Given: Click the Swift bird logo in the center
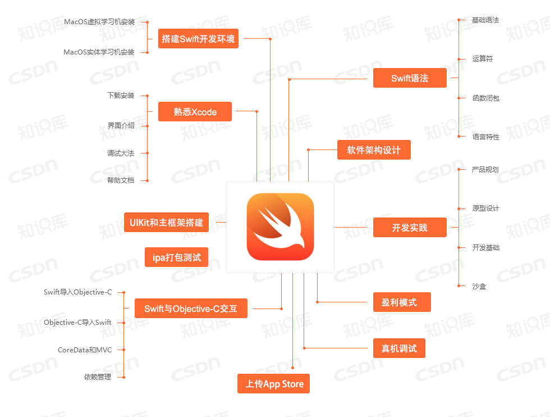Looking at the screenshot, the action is coord(280,227).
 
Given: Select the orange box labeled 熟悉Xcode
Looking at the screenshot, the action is coord(195,112).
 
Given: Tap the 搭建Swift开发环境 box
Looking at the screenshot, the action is coord(198,39).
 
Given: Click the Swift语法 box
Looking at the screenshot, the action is coord(410,78).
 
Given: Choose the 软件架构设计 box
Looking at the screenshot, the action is coord(374,150).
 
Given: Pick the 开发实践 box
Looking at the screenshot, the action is coord(410,228).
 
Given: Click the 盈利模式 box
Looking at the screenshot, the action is coord(402,302).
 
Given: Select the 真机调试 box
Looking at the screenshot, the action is coord(399,348).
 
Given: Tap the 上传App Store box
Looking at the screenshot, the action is coord(274,384).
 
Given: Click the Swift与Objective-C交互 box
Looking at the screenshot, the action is coord(191,309).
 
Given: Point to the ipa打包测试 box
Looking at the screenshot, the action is coord(176,257).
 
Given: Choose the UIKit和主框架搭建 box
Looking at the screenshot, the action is coord(166,223).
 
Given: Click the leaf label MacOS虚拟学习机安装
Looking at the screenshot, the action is coord(99,22).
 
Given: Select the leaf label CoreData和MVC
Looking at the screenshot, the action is coord(85,350).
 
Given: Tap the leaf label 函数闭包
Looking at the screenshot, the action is coord(486,98).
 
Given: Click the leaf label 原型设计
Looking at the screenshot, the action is coord(486,208).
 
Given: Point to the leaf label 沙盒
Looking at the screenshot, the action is coord(479,286).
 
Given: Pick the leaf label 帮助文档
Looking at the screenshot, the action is coord(121,180).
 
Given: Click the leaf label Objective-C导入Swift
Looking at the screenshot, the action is coord(77,323).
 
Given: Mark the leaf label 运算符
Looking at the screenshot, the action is coord(482,58).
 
